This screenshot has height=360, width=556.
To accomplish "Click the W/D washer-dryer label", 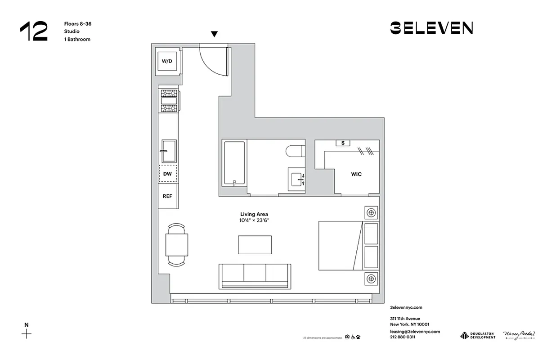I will (x=167, y=61).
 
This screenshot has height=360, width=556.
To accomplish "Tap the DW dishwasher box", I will (x=167, y=173).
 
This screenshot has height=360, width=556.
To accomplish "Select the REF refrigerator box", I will (x=167, y=196).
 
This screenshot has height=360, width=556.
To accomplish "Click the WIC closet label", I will (x=356, y=174).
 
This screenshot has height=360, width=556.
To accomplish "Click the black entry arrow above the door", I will (x=215, y=34).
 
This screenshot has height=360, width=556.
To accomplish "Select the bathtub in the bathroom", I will (x=234, y=163).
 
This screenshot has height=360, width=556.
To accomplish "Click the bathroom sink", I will (x=297, y=179).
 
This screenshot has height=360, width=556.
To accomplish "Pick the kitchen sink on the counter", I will (x=169, y=151).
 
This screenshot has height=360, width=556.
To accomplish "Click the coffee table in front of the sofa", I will (x=255, y=244).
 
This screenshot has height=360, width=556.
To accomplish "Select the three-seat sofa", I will (x=254, y=275).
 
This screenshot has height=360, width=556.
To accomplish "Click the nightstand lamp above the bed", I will (x=371, y=212).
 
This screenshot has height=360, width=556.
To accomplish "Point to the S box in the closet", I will (x=343, y=143).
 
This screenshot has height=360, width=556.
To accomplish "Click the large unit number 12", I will (x=34, y=31).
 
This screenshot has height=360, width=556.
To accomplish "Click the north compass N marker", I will (x=27, y=325).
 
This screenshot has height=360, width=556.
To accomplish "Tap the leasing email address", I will (x=415, y=331).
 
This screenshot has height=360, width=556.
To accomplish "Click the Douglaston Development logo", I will (x=478, y=335).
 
